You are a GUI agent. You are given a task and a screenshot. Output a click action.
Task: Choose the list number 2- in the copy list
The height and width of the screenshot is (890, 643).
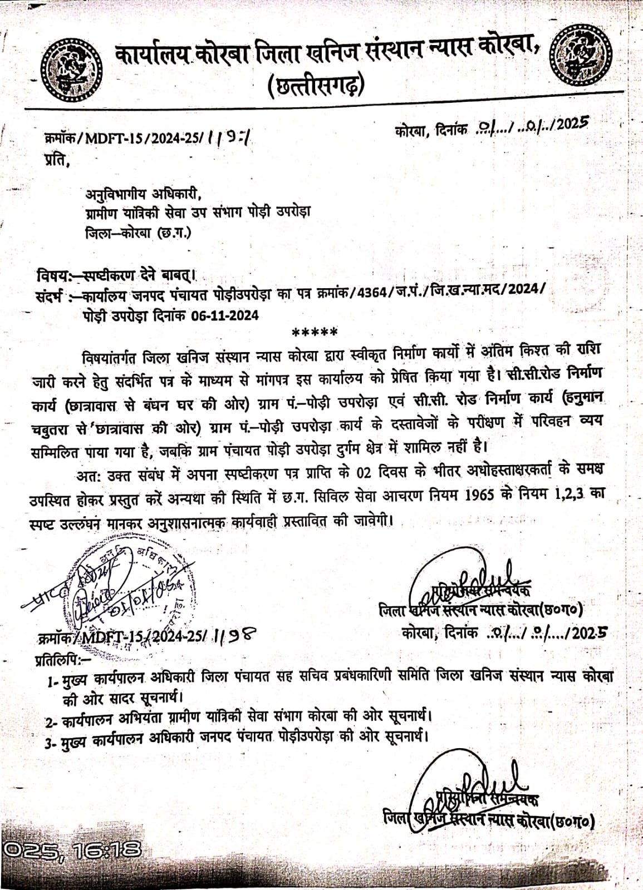(x=53, y=722)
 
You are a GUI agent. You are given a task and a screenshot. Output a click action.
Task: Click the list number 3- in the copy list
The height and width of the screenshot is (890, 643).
(x=53, y=740)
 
